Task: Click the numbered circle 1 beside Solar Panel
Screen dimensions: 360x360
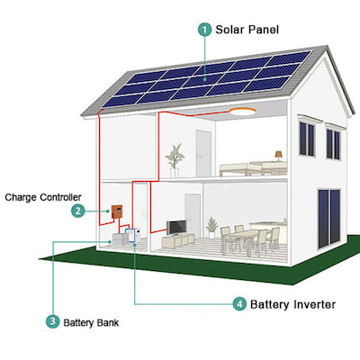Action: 205,30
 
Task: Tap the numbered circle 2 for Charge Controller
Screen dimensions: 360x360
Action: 78,211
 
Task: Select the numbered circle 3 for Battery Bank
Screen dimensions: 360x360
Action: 53,322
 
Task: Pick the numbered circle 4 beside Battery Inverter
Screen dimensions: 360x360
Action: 239,304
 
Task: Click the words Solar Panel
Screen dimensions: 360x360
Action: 247,30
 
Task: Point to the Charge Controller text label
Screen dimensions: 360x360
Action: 43,197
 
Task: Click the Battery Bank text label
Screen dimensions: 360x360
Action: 91,323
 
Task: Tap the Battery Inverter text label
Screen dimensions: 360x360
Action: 292,304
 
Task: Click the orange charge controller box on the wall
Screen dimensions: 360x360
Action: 117,212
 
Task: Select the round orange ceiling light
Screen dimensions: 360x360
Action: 243,112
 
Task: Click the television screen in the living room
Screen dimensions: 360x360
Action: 176,228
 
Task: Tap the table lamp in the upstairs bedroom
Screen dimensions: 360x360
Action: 279,156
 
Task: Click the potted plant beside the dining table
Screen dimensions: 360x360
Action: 211,228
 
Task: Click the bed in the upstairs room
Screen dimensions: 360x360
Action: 253,169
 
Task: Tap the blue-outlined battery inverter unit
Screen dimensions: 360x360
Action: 130,236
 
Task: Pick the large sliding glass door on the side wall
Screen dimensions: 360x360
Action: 329,219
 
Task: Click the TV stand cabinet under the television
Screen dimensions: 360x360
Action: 178,240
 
